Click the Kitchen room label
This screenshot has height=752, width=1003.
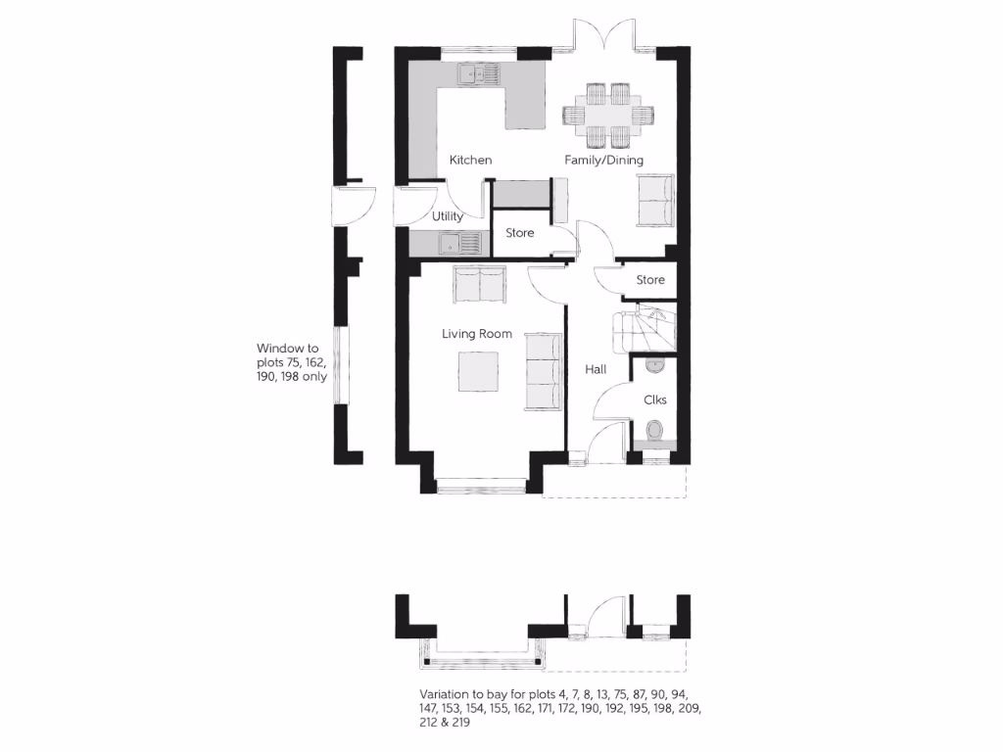pos(470,160)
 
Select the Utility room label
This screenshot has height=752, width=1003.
pos(447,216)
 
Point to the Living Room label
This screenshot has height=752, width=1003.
pos(477,334)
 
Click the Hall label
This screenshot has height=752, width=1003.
pos(596,370)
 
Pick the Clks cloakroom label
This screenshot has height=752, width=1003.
pos(655,399)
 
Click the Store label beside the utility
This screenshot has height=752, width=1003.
pos(520,233)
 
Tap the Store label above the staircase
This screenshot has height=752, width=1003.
pos(650,280)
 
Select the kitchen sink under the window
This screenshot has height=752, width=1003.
pos(476,72)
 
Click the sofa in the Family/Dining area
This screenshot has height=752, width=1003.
pos(655,201)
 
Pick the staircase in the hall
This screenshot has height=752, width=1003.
pos(643,329)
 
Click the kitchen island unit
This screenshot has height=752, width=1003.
pos(524,107)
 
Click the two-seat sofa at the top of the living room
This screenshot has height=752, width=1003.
pos(479,284)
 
